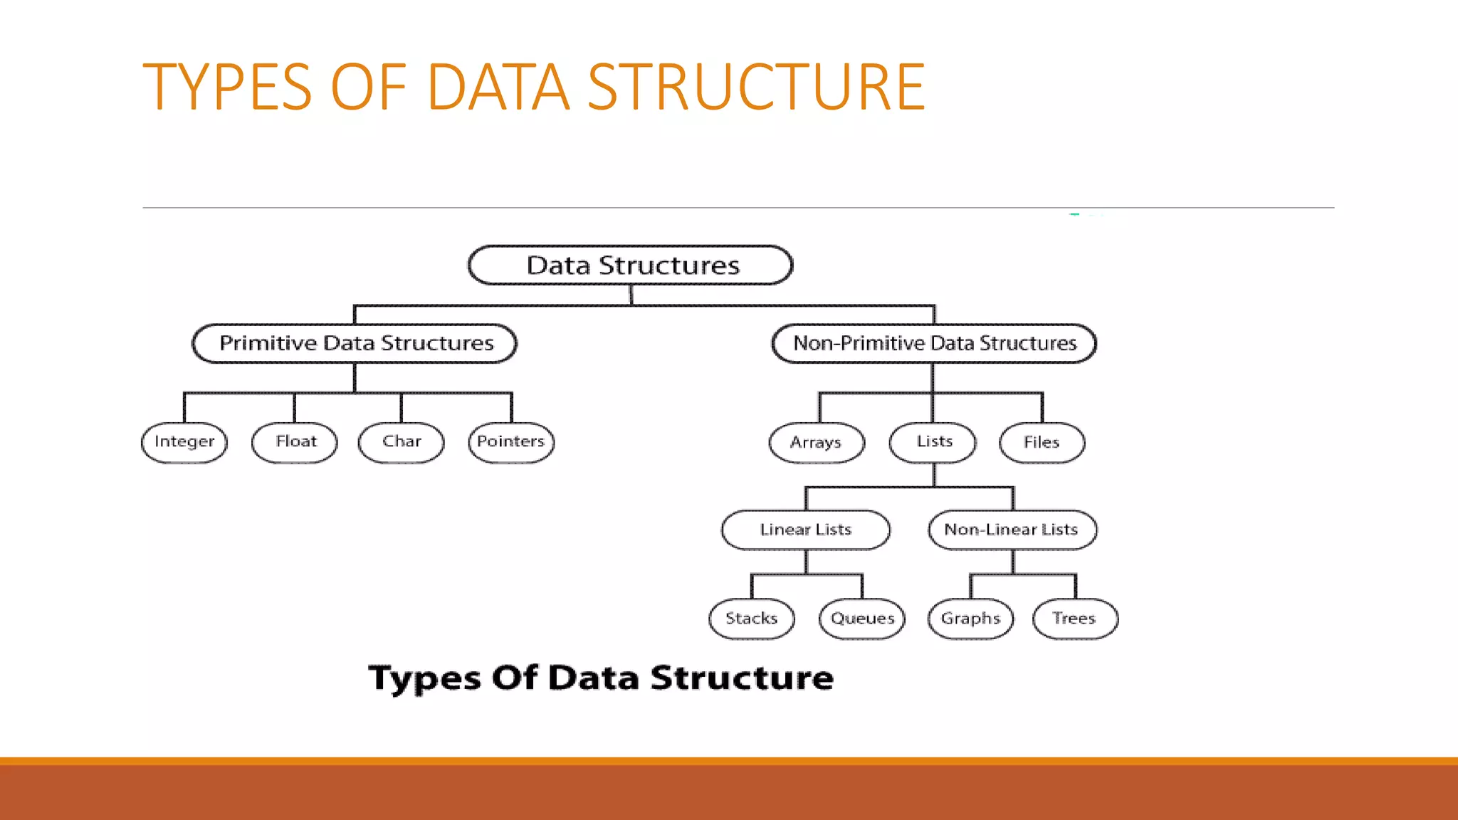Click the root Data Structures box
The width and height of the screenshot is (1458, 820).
pos(631,266)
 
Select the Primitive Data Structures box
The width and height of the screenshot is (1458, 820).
pos(355,343)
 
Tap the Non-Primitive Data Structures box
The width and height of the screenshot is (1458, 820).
pos(934,343)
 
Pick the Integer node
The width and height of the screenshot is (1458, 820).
pos(184,442)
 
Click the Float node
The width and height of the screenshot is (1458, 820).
pos(295,442)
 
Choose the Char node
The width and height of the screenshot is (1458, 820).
pos(402,442)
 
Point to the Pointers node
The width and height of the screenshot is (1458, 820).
pos(511,442)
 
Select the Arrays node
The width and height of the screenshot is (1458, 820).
pos(817,443)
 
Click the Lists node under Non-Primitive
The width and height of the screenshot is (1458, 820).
pos(933,442)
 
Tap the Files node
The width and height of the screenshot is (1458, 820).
pos(1042,443)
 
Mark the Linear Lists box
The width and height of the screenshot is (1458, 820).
pos(806,530)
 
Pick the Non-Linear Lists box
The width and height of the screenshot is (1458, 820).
pos(1012,530)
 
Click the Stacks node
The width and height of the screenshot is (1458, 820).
pos(752,619)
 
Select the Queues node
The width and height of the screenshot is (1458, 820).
pos(862,619)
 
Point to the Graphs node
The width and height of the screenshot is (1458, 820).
pos(970,619)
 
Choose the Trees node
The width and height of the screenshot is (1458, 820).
pos(1075,619)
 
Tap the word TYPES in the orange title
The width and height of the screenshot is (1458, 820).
pos(227,87)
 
